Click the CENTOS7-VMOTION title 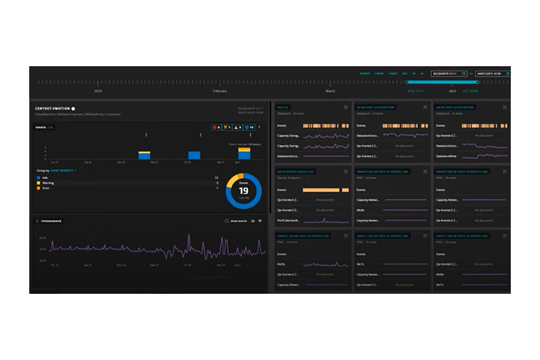coord(52,109)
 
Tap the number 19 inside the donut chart coord(243,191)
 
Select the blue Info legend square coord(38,178)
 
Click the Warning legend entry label coord(48,183)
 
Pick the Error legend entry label coord(46,188)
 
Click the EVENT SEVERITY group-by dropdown coord(63,171)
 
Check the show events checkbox coord(227,221)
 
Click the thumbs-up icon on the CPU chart coord(253,221)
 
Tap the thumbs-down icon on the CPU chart coord(260,221)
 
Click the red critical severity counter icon coord(215,127)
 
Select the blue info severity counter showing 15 coord(249,127)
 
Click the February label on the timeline coord(220,91)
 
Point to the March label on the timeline coord(330,91)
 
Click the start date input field coord(448,74)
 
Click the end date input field coord(492,74)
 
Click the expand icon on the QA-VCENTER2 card coord(346,171)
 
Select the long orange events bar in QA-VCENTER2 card coord(321,190)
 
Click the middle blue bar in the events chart coord(194,155)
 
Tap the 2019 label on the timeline coord(98,91)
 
